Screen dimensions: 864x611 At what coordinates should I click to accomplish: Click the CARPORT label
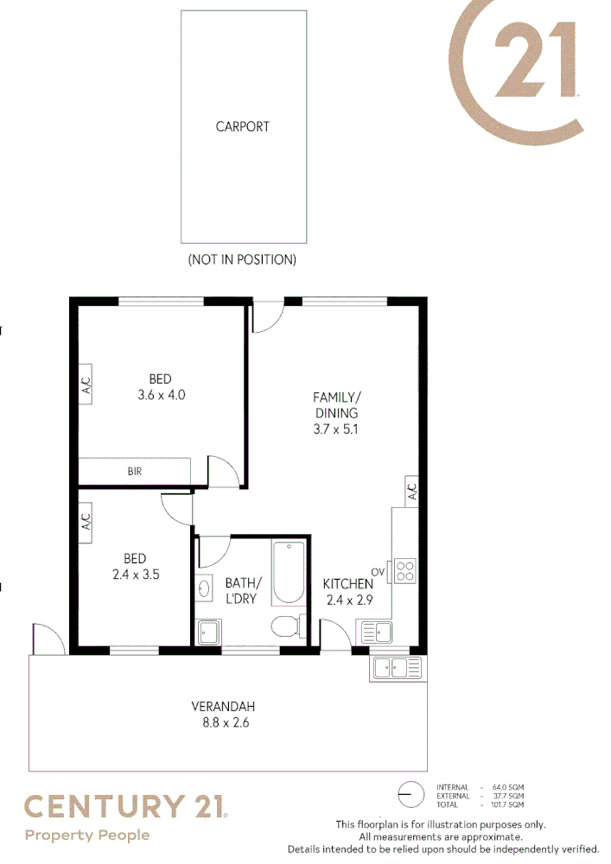tap(243, 126)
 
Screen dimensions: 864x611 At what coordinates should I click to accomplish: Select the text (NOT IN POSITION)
tap(242, 259)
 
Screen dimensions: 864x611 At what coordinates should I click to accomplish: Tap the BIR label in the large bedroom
tap(134, 472)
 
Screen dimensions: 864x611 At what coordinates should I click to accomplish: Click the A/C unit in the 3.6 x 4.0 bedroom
tap(86, 384)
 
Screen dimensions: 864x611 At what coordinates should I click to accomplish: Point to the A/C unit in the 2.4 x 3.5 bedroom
tap(86, 523)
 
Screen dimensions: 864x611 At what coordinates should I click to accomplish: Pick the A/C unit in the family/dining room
tap(412, 491)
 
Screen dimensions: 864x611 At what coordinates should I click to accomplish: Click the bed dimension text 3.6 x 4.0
tap(161, 395)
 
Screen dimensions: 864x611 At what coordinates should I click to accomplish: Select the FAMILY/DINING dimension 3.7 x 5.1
tap(336, 429)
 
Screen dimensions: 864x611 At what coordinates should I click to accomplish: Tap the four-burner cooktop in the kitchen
tap(404, 570)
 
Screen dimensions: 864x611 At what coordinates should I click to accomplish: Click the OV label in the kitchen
tap(378, 572)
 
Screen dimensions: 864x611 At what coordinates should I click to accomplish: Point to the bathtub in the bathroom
tap(288, 573)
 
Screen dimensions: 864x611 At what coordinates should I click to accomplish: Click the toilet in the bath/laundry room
tap(286, 626)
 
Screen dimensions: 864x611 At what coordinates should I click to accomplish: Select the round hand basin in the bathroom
tap(204, 589)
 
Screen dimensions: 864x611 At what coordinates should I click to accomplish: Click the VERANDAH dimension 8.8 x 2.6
tap(224, 722)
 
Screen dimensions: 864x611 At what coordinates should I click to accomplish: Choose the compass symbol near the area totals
tap(411, 793)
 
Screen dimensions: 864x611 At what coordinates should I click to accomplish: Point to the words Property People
tap(87, 835)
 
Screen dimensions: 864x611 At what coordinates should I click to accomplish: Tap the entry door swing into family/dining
tap(266, 318)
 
